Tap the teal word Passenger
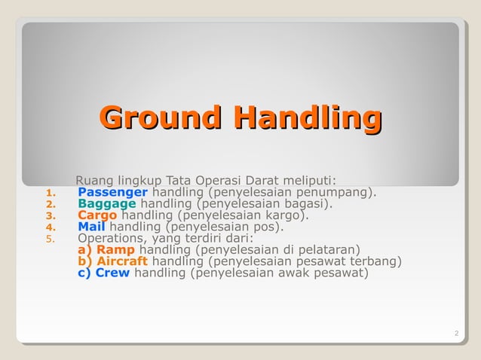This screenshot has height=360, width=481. click(112, 192)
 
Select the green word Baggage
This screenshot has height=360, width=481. click(107, 203)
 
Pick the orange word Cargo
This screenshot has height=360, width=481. click(97, 215)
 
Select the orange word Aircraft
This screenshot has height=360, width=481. click(122, 261)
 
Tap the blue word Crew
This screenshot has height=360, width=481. click(112, 273)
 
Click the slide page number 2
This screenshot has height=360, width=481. click(457, 334)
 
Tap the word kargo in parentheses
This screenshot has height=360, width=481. click(285, 215)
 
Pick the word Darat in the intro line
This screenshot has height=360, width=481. click(261, 180)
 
